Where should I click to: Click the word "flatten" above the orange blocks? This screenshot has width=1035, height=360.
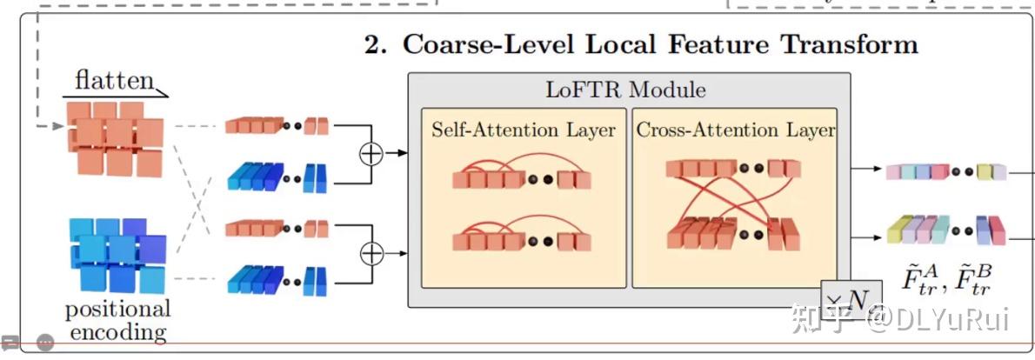(113, 81)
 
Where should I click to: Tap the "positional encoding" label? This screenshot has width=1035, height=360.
(117, 320)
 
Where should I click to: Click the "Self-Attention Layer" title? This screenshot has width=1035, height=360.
(524, 130)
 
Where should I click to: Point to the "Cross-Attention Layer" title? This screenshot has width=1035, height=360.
(735, 130)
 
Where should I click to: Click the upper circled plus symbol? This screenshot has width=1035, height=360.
(371, 153)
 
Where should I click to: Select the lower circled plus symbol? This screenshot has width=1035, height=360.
(371, 253)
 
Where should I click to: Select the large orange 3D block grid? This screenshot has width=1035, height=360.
(114, 137)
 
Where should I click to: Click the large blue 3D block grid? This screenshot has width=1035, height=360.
(116, 255)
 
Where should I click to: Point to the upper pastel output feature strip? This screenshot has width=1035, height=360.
(945, 171)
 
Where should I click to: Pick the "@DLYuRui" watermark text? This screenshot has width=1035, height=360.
(940, 317)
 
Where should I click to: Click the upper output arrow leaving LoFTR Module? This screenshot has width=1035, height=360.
(866, 170)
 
